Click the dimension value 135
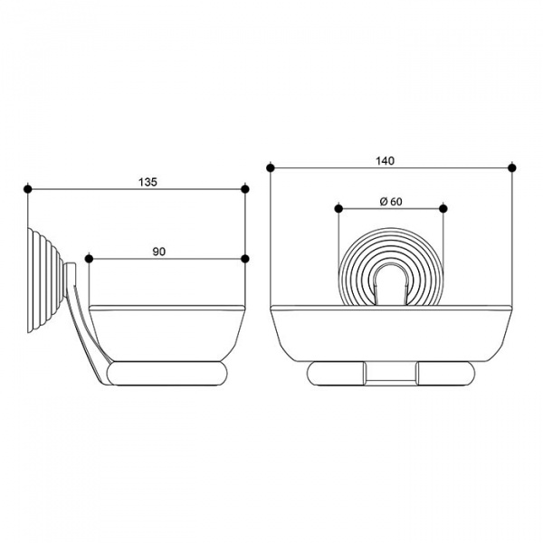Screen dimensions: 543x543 (148, 182)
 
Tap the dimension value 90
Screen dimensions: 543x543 (159, 252)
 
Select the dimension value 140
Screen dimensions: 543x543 (386, 161)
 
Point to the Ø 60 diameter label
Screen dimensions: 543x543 (391, 202)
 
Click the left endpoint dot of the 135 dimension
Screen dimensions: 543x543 (28, 189)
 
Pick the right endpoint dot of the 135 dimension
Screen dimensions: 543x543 (245, 189)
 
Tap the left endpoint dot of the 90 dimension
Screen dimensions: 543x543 (89, 259)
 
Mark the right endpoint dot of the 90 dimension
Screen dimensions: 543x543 (245, 259)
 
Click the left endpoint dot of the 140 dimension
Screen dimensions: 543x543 (271, 168)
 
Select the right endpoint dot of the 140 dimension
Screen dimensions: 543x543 (512, 168)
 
